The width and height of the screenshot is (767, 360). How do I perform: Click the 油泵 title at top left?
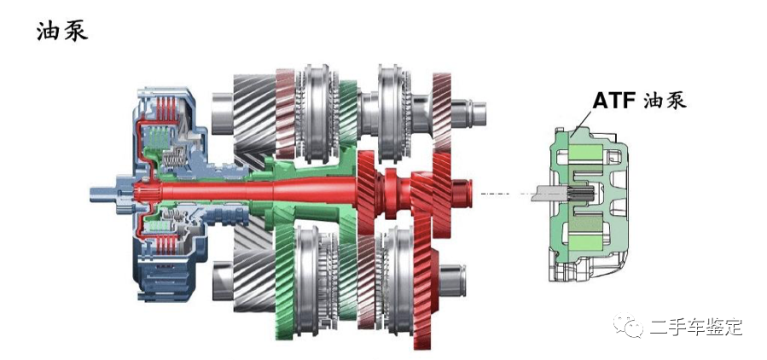pos(62,32)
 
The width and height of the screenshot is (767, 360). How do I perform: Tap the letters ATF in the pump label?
pos(613,100)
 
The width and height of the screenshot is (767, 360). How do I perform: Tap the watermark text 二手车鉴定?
pos(696,327)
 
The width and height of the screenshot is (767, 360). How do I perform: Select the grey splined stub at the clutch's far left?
pos(104,192)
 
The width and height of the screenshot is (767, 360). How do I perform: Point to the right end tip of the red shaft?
pos(472,192)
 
